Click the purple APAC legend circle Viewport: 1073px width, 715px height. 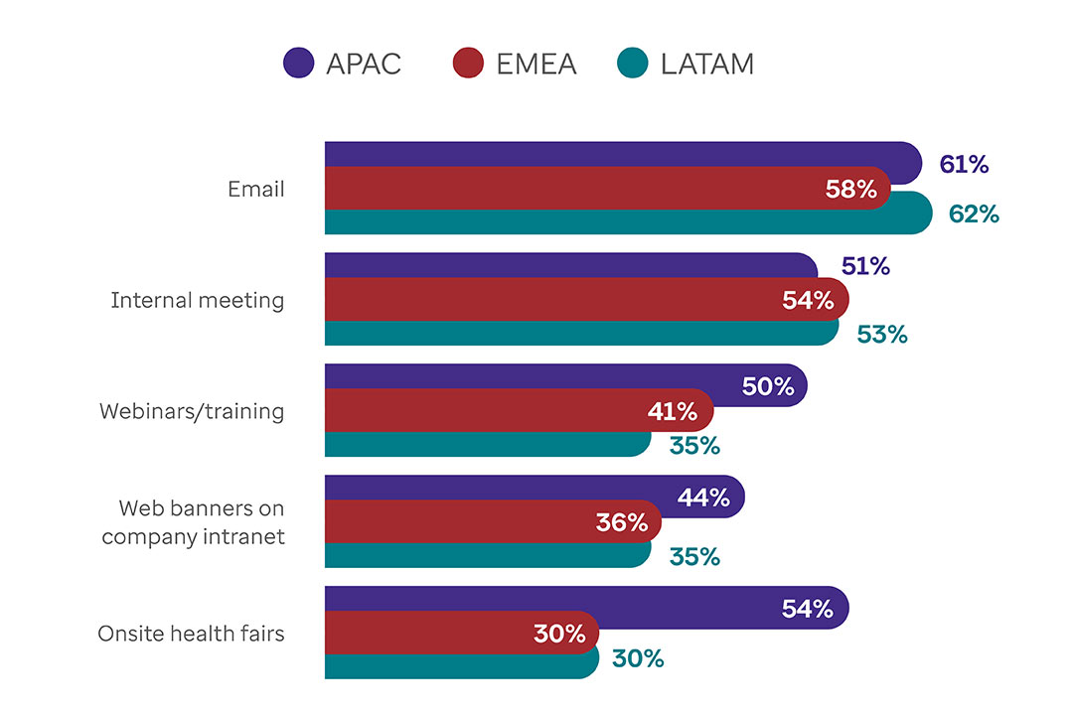[298, 64]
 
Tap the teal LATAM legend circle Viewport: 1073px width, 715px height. [633, 64]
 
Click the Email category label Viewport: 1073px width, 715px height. [256, 189]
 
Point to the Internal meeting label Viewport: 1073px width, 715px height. [198, 300]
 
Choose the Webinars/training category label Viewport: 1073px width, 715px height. [192, 411]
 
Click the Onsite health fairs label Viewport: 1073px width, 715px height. [191, 634]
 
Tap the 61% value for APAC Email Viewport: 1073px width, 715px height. [964, 165]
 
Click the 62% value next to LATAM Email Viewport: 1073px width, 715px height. [974, 213]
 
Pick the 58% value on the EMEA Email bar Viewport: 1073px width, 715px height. [851, 189]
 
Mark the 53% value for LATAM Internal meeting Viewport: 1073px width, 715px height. [882, 334]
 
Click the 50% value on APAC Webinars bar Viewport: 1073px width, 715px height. [768, 387]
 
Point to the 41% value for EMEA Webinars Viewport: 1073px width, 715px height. [673, 411]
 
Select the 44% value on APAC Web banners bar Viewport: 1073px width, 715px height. [703, 499]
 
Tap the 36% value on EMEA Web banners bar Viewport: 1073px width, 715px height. [622, 522]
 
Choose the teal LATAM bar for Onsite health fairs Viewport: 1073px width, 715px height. [457, 663]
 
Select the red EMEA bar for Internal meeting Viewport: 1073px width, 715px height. [546, 300]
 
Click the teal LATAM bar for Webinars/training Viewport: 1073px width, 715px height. [477, 443]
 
